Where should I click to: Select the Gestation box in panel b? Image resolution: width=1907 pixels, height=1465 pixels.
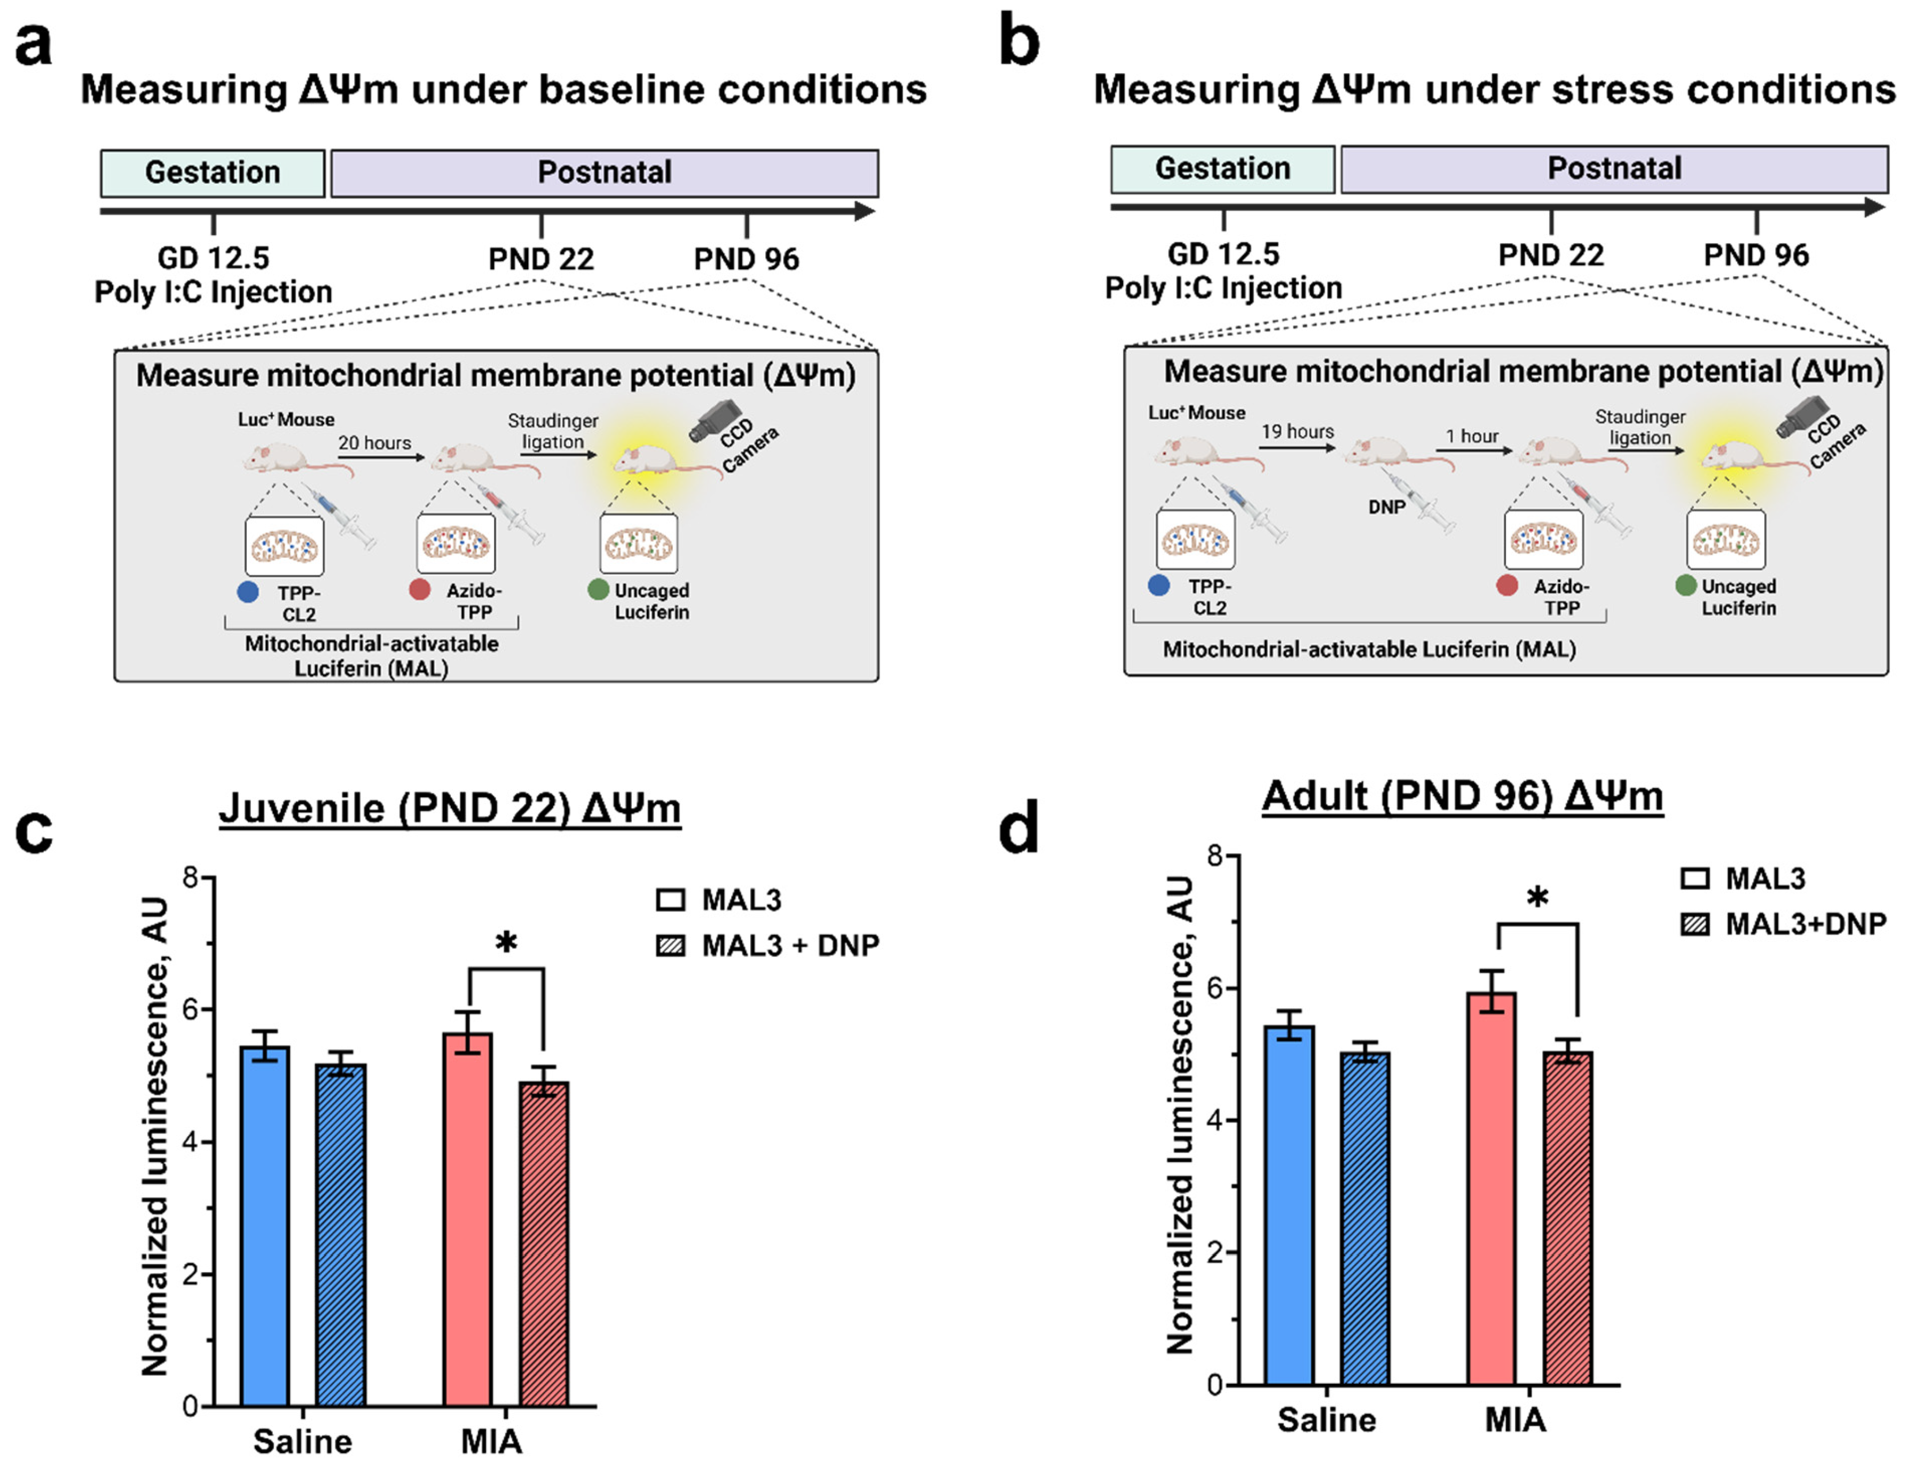[1222, 169]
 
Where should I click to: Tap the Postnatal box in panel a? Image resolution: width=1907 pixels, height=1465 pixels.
[604, 173]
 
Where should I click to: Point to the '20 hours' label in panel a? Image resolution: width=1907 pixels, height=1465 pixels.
[375, 443]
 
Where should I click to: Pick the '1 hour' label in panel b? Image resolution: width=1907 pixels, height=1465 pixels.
[1472, 436]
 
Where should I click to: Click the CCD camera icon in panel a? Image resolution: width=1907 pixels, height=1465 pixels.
[715, 421]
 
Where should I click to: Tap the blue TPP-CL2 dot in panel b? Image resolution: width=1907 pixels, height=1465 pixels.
[1158, 585]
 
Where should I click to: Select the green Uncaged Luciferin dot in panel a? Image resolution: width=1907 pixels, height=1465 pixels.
[598, 589]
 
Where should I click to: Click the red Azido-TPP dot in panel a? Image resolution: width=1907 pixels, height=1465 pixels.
[420, 589]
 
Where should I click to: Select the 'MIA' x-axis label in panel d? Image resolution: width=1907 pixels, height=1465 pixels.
[1515, 1420]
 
